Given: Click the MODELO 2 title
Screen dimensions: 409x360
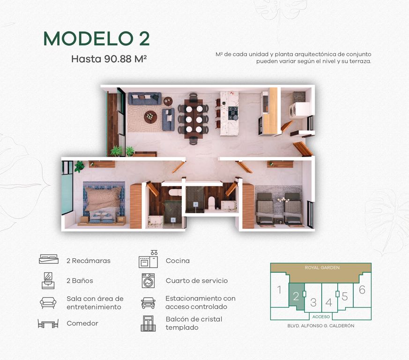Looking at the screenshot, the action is point(97,38).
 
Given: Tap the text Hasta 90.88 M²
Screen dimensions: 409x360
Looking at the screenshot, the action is point(109,59).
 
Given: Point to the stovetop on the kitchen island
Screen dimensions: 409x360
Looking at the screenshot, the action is point(233,113).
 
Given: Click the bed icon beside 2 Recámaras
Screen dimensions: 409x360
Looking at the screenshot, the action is point(49,259).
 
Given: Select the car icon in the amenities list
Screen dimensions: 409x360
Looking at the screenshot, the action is point(148,303).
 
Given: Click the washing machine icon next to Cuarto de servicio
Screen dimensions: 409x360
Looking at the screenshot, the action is point(148,281).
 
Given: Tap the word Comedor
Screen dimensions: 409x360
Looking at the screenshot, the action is point(82,323).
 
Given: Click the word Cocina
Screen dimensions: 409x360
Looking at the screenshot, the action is point(178,261).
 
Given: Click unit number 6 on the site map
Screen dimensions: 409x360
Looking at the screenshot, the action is point(362,290).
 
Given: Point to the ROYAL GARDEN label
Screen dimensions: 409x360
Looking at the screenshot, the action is point(322,268).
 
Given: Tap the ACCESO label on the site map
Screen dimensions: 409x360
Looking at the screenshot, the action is point(321,317).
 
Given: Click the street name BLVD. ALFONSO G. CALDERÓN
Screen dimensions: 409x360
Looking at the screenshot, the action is point(321,326).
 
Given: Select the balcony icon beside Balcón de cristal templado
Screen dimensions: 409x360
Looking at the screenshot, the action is point(148,323).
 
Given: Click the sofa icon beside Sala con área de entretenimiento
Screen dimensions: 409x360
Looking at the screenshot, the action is point(48,303).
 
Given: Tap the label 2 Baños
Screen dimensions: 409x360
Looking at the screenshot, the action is point(80,281).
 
